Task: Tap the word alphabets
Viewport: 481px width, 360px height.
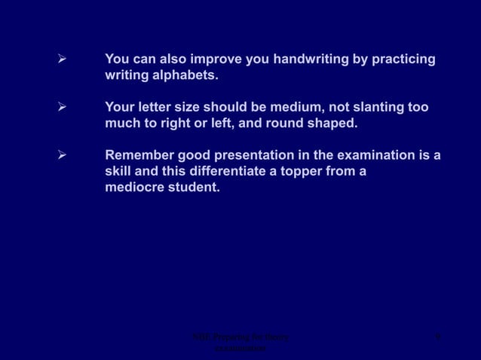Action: point(181,76)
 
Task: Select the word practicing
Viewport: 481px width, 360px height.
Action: point(402,59)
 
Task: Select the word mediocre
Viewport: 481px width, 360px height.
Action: point(134,188)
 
